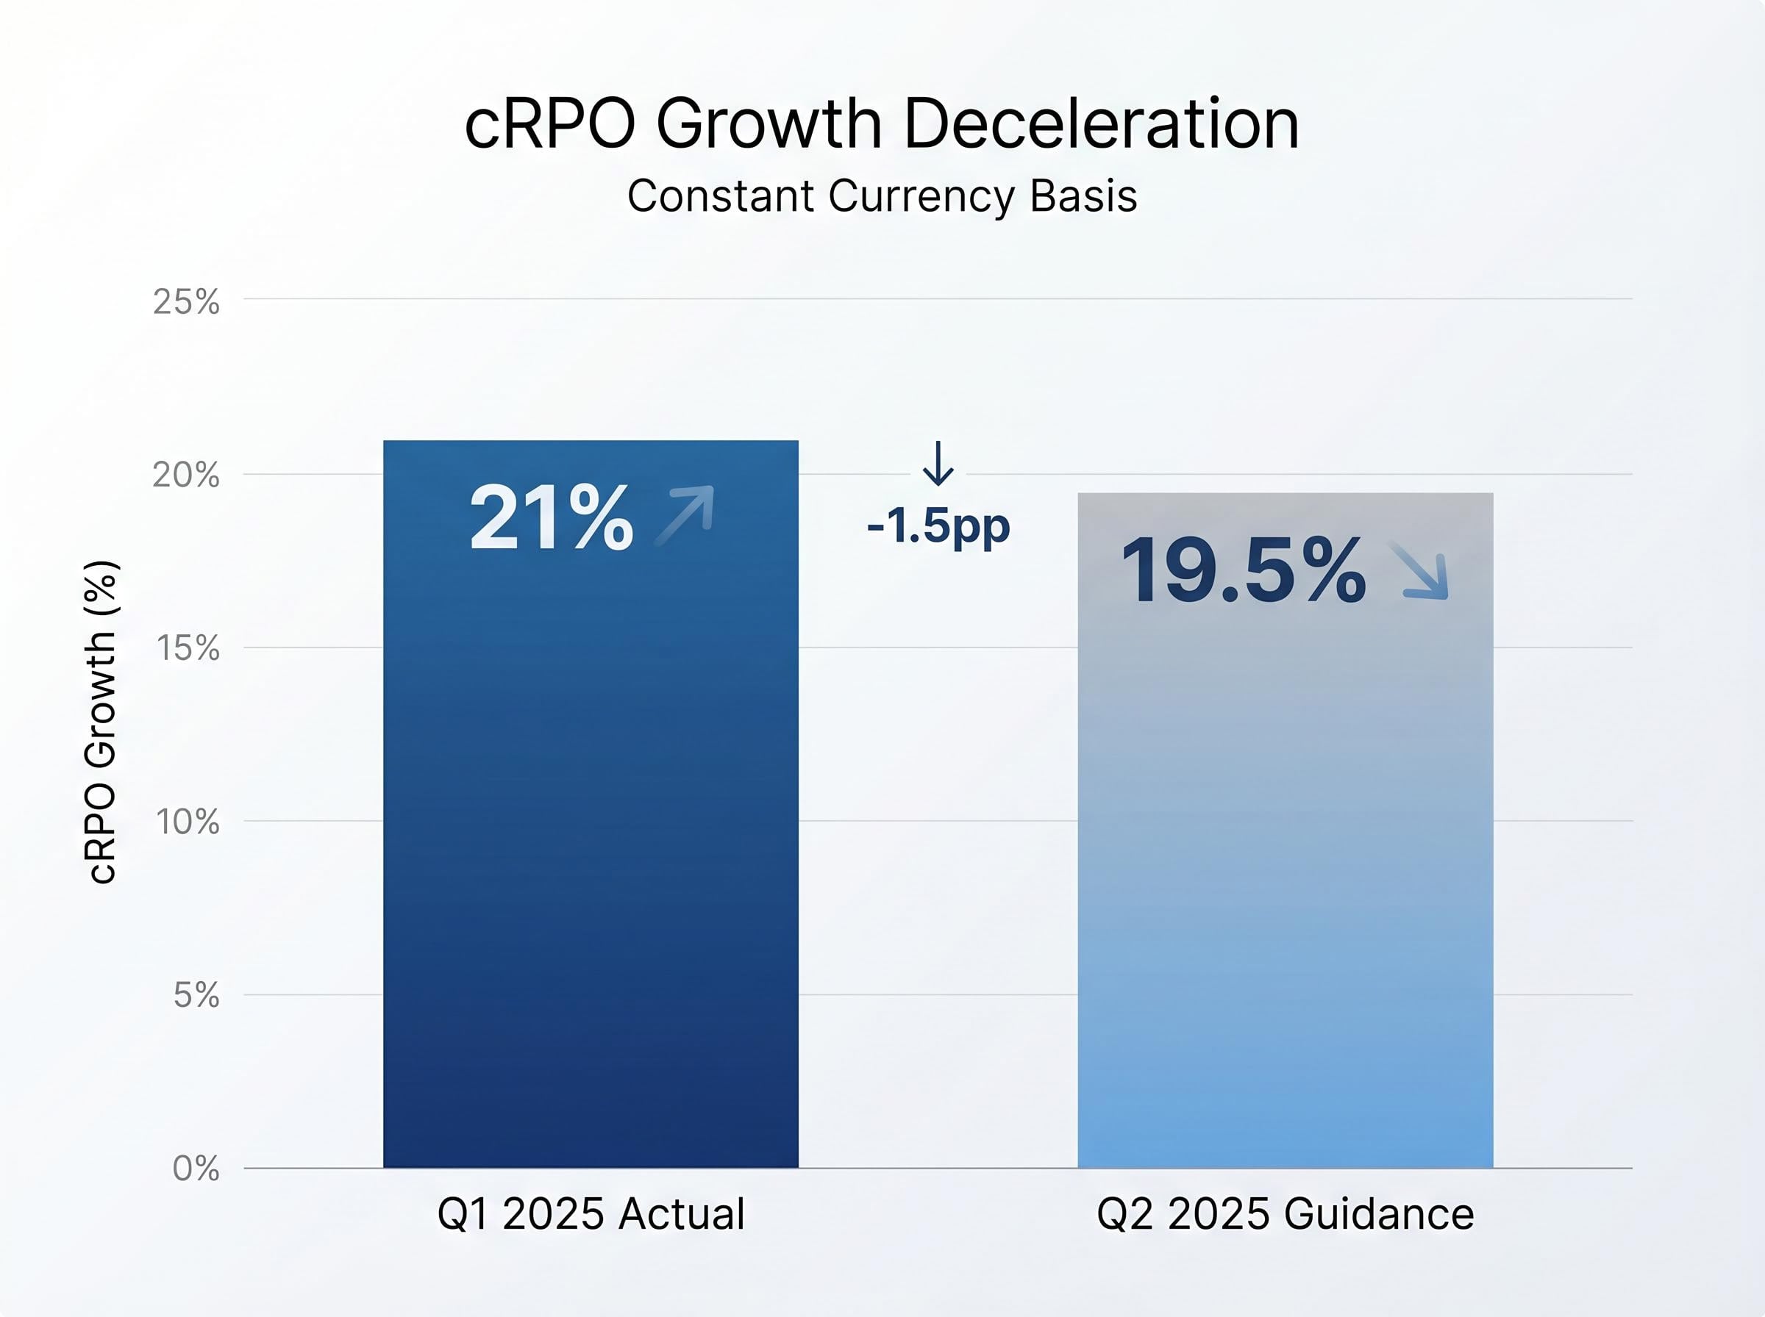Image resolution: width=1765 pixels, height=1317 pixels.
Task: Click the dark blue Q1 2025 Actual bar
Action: tap(591, 837)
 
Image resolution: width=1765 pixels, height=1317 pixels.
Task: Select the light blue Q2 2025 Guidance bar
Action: tap(1285, 877)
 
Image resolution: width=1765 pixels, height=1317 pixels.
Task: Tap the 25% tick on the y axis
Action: tap(186, 302)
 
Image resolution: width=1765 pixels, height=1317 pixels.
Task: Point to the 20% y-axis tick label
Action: tap(186, 476)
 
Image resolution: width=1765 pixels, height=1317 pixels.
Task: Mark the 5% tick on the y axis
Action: tap(196, 995)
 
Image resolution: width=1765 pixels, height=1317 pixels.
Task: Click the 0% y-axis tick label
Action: tap(196, 1169)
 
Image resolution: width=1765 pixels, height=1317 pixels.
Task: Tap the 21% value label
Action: tap(551, 518)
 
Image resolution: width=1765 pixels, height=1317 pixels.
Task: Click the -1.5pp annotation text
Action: tap(938, 525)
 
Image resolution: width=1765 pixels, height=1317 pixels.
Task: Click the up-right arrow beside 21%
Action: tap(685, 515)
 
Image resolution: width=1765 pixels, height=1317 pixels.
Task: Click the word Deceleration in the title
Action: tap(1102, 124)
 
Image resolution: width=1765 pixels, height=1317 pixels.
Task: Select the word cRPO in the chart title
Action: tap(549, 124)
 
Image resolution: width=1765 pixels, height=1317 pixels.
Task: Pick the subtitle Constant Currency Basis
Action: tap(882, 196)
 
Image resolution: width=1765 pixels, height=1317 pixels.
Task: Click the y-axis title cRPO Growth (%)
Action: tap(101, 722)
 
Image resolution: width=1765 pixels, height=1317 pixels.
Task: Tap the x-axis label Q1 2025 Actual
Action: tap(591, 1214)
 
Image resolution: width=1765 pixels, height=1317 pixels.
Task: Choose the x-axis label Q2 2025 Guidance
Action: tap(1285, 1214)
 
